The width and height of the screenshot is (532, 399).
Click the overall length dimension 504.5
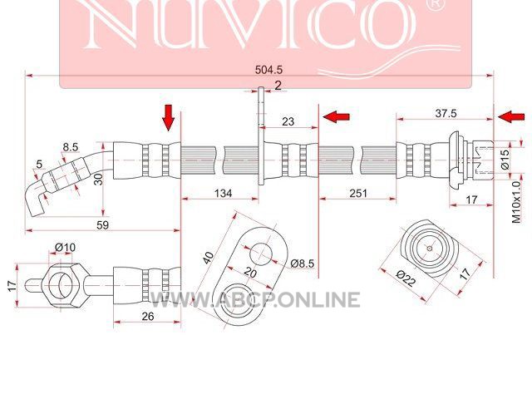[x=268, y=70]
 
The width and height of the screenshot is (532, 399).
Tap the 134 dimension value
[x=224, y=193]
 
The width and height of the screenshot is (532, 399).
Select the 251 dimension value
[x=358, y=193]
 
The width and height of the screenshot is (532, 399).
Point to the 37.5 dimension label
[x=446, y=113]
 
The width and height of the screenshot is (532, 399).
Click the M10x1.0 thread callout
[x=515, y=202]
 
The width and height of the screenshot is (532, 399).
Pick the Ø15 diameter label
[x=505, y=160]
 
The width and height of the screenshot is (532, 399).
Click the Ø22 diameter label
[x=406, y=278]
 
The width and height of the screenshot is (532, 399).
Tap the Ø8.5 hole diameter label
[x=303, y=264]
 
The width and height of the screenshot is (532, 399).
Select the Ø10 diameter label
[x=65, y=248]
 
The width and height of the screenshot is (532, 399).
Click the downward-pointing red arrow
[x=168, y=118]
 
